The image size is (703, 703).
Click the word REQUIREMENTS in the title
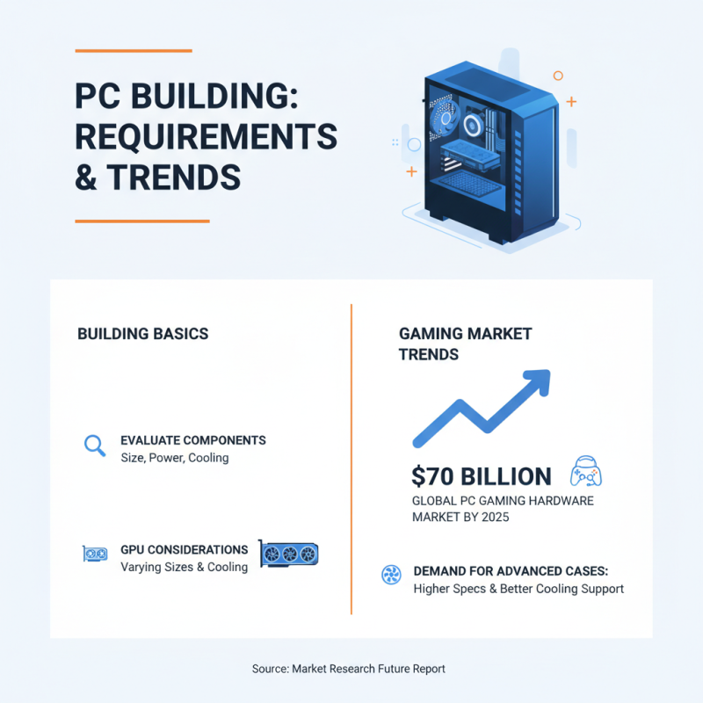(207, 137)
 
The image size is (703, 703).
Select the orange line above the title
(133, 51)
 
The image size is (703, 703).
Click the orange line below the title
(141, 221)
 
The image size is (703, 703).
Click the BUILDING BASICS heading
(142, 334)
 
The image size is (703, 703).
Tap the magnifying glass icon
(94, 445)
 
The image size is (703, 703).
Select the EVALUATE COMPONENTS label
(192, 440)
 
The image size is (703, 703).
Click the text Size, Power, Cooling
(174, 458)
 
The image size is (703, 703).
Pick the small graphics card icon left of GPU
(95, 554)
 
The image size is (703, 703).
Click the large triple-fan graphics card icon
(288, 553)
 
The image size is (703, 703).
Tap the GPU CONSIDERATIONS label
(184, 550)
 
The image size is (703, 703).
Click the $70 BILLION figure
(482, 476)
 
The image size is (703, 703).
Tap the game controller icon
(586, 472)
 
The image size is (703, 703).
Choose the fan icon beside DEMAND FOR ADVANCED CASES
(391, 576)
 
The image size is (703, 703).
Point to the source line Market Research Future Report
(349, 669)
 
